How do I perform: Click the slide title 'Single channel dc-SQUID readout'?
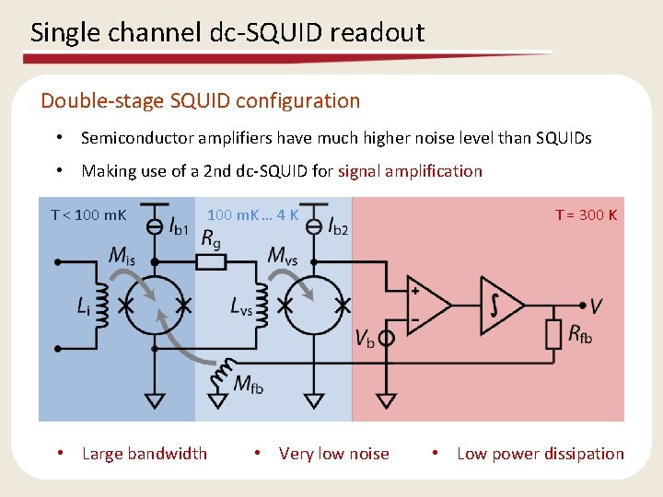[x=227, y=33]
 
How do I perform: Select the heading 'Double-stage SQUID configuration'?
[x=200, y=100]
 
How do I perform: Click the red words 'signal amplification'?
[x=410, y=170]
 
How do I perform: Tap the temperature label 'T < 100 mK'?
[x=88, y=215]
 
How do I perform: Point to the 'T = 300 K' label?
[x=586, y=214]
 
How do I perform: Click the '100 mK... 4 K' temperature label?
[x=252, y=215]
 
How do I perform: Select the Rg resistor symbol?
[x=212, y=262]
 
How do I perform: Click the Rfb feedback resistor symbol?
[x=553, y=334]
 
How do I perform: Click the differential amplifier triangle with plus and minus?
[x=426, y=304]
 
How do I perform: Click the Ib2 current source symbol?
[x=313, y=224]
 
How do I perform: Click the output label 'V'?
[x=598, y=306]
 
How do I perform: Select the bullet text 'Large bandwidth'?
[x=144, y=453]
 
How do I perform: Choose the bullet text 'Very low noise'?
[x=333, y=453]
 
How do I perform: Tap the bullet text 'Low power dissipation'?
[x=540, y=453]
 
